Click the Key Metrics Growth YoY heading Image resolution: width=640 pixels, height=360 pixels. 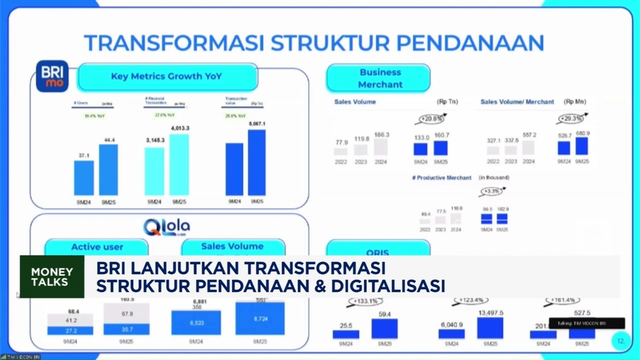coord(166,76)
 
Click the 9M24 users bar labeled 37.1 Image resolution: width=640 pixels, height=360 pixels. coord(84,178)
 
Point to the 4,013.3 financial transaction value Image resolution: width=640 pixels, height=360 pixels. coord(180,128)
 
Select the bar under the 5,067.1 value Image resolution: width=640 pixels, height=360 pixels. coord(257,162)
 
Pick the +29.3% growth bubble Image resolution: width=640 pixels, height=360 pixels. coord(572,118)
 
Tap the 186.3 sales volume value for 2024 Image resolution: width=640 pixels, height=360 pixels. coord(381,135)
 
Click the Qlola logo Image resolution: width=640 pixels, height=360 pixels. coord(166,227)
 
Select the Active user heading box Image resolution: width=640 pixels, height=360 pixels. coord(97,247)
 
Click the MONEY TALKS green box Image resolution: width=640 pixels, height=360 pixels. coord(52,276)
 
